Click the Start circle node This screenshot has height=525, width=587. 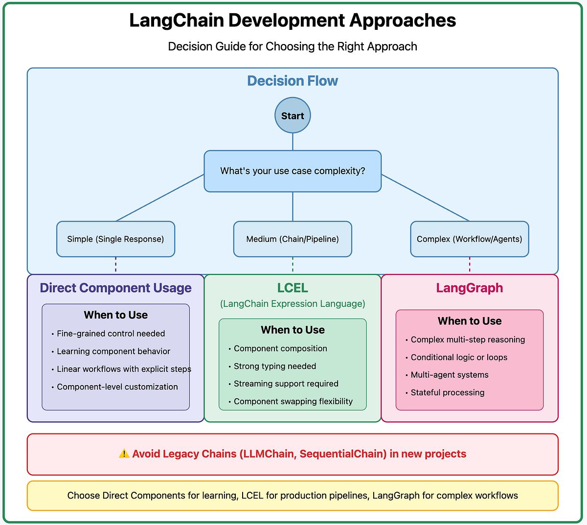(x=293, y=115)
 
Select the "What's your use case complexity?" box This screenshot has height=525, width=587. (x=293, y=171)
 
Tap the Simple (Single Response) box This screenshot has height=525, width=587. (x=115, y=239)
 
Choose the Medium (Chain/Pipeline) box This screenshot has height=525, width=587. (x=293, y=239)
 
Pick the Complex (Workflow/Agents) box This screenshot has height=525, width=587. (x=469, y=239)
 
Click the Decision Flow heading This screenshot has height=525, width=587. (x=293, y=81)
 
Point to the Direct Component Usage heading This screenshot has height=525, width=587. (x=115, y=288)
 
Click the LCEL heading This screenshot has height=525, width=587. (x=293, y=288)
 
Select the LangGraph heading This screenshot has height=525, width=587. (x=469, y=288)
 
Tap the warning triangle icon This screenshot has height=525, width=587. (x=124, y=454)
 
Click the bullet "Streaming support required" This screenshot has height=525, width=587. (x=286, y=384)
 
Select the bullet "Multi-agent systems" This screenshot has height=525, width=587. (x=449, y=375)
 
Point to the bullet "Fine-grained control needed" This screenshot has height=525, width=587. (x=111, y=334)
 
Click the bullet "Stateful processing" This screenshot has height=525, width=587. (x=447, y=392)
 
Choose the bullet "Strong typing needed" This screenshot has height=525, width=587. (x=274, y=366)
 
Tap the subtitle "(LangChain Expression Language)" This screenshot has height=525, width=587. (x=293, y=304)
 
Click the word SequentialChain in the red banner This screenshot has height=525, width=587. (x=342, y=454)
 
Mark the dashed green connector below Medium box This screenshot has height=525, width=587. (x=293, y=264)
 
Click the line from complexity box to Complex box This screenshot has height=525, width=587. (x=426, y=198)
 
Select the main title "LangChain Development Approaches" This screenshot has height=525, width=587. (x=293, y=21)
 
